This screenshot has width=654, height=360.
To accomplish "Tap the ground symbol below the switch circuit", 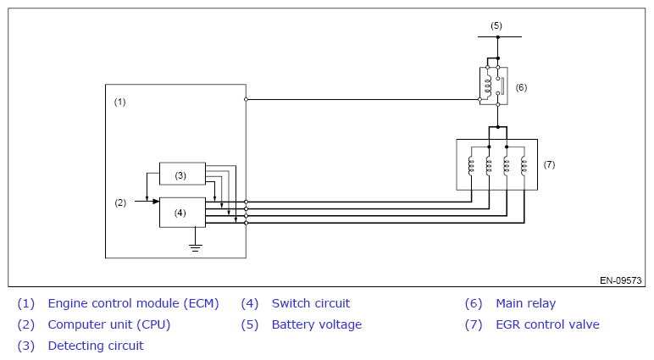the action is coord(195,248).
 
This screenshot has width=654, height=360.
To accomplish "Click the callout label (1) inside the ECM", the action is coord(119,102).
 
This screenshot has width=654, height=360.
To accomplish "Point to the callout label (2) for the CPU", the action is coord(120,202).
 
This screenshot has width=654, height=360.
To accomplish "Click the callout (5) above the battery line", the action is coord(496,26).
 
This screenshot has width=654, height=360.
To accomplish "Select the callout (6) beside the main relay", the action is coord(521,87).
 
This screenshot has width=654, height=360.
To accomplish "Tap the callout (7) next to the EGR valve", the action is coord(549,164).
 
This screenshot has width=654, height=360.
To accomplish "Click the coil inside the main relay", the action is coord(487,86).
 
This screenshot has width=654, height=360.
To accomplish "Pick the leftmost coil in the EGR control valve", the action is coord(471,165).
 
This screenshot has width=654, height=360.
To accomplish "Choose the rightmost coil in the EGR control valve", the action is coord(524,165).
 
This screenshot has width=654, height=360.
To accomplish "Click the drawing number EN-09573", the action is coord(621,280).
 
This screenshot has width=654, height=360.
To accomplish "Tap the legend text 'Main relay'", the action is coord(525,303).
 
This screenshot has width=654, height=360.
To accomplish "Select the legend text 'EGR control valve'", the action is coord(547,324).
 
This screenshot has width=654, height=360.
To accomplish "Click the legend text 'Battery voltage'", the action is coord(317,324).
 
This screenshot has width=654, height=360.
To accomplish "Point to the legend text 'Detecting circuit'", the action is coord(96,346).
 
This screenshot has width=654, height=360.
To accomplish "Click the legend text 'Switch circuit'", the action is coord(311,303).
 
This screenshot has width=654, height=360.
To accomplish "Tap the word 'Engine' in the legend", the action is coord(68,304).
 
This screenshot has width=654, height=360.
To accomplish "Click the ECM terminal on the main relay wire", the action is coord(246,99).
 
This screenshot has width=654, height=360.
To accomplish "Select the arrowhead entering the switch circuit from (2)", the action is coord(156,202).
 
